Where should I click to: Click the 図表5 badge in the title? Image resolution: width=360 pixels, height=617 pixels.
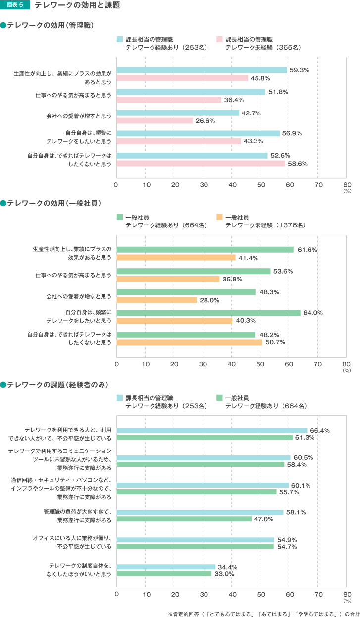(15, 6)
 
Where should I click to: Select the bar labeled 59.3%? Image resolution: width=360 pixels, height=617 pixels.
(202, 70)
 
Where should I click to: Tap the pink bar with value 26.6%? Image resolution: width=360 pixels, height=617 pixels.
(154, 121)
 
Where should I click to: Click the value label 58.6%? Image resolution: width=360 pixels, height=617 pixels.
(298, 164)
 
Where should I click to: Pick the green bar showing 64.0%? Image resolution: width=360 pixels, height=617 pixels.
(208, 313)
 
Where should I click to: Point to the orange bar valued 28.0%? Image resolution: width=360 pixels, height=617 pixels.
(156, 300)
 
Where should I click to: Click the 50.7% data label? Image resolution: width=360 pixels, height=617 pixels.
(274, 342)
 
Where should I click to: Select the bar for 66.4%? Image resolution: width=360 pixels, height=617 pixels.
(212, 431)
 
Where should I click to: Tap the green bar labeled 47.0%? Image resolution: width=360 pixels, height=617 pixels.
(184, 519)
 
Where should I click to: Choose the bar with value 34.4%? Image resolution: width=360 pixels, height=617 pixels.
(166, 567)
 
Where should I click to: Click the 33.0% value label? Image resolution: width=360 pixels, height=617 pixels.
(223, 574)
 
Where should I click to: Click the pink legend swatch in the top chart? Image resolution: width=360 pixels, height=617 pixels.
(219, 39)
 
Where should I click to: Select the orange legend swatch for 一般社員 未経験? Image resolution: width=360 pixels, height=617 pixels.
(219, 217)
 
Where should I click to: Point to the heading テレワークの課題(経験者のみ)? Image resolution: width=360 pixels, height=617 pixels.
(54, 384)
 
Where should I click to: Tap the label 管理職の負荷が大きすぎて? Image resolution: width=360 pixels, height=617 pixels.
(77, 511)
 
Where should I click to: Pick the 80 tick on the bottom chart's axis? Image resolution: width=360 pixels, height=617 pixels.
(347, 593)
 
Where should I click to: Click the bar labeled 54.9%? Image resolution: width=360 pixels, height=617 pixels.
(195, 540)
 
